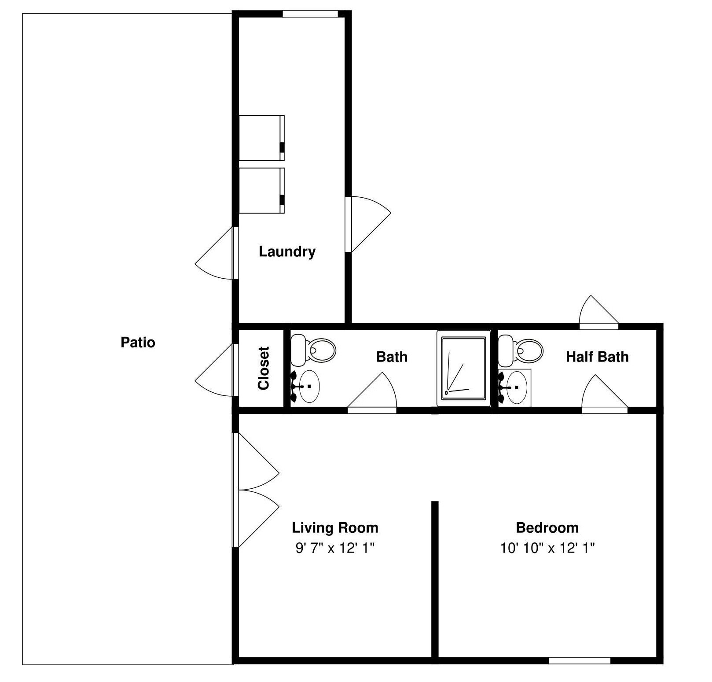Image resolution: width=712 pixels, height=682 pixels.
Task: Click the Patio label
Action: (x=138, y=343)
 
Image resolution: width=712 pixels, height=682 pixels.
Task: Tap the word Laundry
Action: (x=287, y=252)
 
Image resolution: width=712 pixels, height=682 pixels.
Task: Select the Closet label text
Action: (x=264, y=368)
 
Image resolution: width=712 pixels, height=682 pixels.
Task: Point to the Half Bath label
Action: (x=597, y=357)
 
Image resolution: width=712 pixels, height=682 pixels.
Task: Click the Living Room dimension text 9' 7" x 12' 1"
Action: (x=335, y=548)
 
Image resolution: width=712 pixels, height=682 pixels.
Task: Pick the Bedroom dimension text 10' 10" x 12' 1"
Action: (x=547, y=548)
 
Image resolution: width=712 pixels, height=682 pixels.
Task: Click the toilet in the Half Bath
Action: (x=521, y=350)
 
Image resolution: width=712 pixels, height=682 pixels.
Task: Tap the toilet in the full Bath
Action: (x=313, y=350)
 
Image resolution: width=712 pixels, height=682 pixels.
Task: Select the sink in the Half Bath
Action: (x=514, y=387)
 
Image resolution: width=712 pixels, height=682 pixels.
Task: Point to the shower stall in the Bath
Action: (x=463, y=369)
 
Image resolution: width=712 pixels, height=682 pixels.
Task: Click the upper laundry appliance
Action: (x=262, y=138)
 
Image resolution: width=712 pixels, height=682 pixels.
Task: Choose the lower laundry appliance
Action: (x=262, y=191)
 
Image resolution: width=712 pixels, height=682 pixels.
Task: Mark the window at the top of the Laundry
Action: (x=310, y=14)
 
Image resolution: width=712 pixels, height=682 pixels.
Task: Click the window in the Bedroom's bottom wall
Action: (x=579, y=660)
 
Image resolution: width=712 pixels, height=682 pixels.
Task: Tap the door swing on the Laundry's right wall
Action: (x=368, y=224)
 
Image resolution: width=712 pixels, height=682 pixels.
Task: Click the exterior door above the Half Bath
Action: (x=598, y=312)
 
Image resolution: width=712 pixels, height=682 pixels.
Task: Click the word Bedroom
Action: (x=547, y=527)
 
